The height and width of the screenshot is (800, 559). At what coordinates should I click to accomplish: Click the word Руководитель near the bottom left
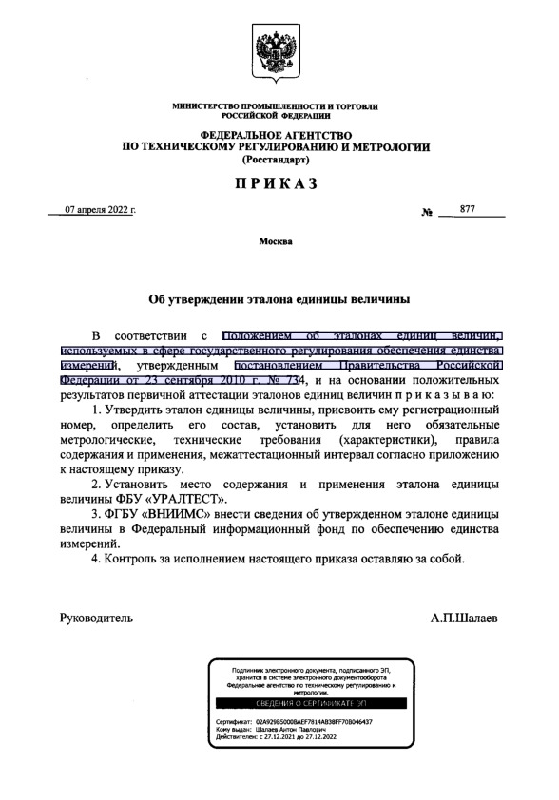pos(97,617)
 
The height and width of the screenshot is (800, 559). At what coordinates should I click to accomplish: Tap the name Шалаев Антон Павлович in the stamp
pos(284,729)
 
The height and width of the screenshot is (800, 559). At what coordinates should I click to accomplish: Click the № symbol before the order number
pos(427,212)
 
